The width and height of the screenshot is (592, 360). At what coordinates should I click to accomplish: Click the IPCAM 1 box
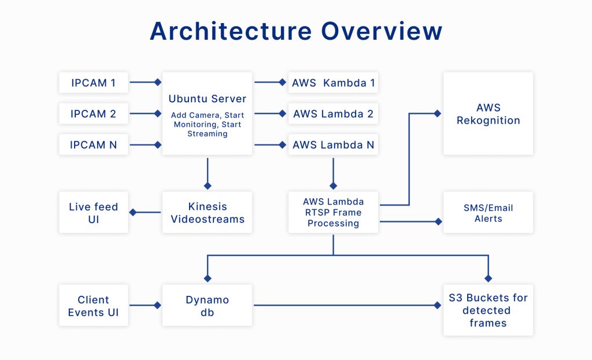[93, 83]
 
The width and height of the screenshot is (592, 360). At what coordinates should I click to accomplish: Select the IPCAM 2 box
[93, 114]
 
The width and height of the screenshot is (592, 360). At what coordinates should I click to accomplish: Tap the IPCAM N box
[93, 144]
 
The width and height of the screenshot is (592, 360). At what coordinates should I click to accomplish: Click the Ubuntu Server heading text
[208, 99]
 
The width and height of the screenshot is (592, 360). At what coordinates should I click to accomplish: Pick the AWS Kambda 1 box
[333, 83]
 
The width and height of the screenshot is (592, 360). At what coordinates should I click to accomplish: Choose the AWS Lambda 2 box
[333, 114]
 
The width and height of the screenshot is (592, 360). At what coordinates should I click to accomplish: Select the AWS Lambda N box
[333, 144]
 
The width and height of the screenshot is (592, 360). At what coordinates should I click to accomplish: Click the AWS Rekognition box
[488, 114]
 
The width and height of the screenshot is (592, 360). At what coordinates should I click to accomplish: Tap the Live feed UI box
[93, 213]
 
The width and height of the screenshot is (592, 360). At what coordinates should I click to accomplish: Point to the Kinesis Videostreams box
[208, 213]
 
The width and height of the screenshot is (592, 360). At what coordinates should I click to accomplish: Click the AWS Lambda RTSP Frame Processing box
[333, 213]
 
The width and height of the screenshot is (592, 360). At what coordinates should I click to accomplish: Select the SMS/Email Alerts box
[488, 213]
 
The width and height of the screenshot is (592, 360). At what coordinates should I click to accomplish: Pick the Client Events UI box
[93, 305]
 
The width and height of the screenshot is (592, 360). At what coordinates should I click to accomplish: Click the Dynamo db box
[208, 305]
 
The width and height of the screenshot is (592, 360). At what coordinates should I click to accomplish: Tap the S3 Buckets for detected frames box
[488, 310]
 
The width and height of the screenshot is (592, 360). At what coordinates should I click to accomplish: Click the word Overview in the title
[382, 31]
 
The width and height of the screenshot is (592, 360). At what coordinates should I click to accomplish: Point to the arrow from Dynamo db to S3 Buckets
[347, 305]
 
